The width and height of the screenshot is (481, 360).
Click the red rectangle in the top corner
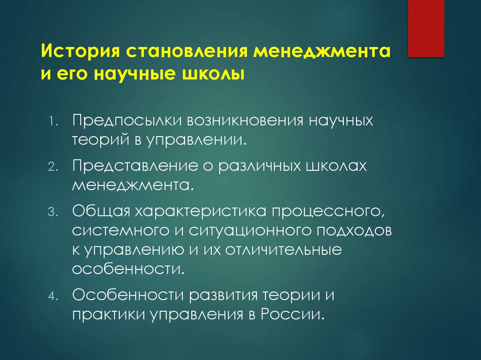(426, 28)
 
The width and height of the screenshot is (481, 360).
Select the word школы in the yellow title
(215, 74)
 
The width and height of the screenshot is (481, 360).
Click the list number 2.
(53, 167)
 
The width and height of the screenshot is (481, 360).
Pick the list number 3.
(53, 212)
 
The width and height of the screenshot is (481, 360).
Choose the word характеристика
(197, 211)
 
